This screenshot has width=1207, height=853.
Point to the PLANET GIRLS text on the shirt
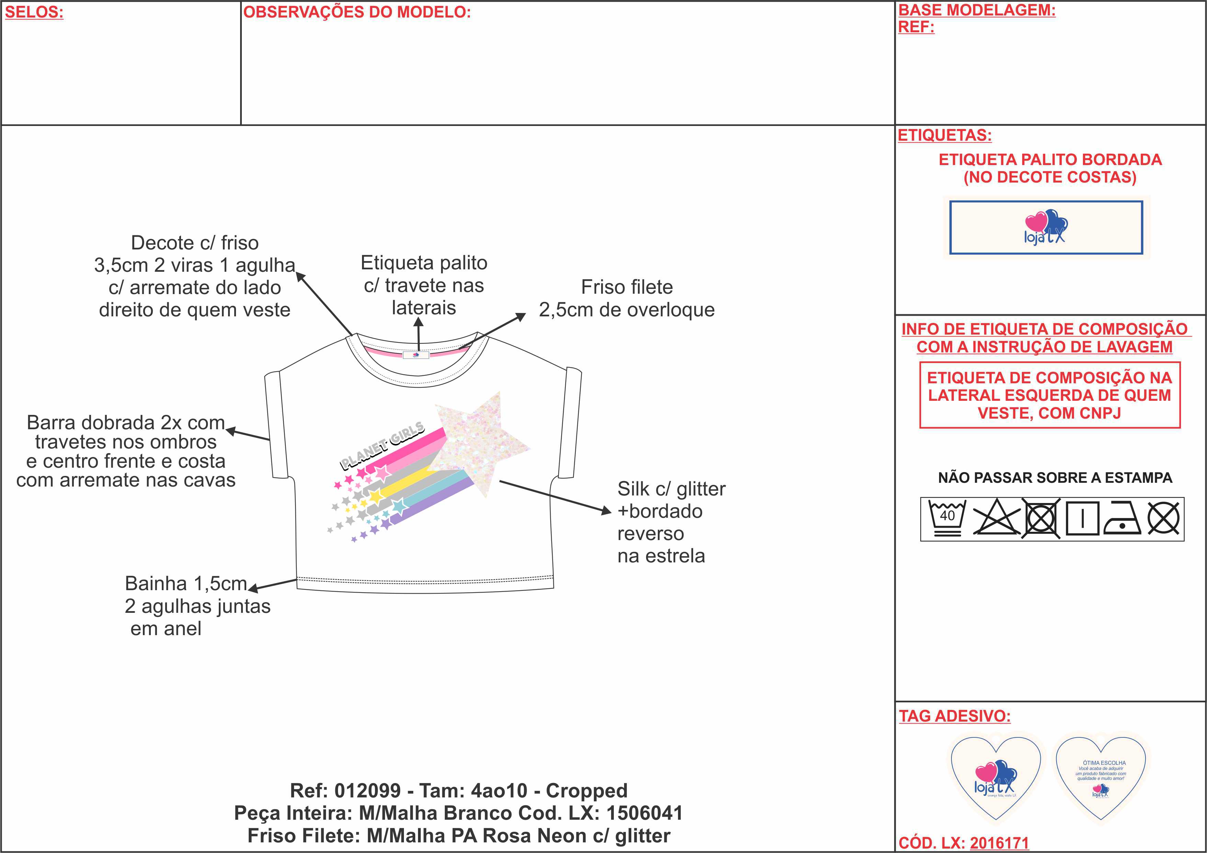(x=382, y=445)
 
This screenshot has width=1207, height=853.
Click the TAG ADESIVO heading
(x=955, y=716)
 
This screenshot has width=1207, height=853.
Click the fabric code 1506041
(x=644, y=813)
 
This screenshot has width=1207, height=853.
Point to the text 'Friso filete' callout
(x=627, y=287)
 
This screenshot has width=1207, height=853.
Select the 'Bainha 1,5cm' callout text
(x=185, y=584)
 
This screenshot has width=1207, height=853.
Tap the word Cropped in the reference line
(x=587, y=791)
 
